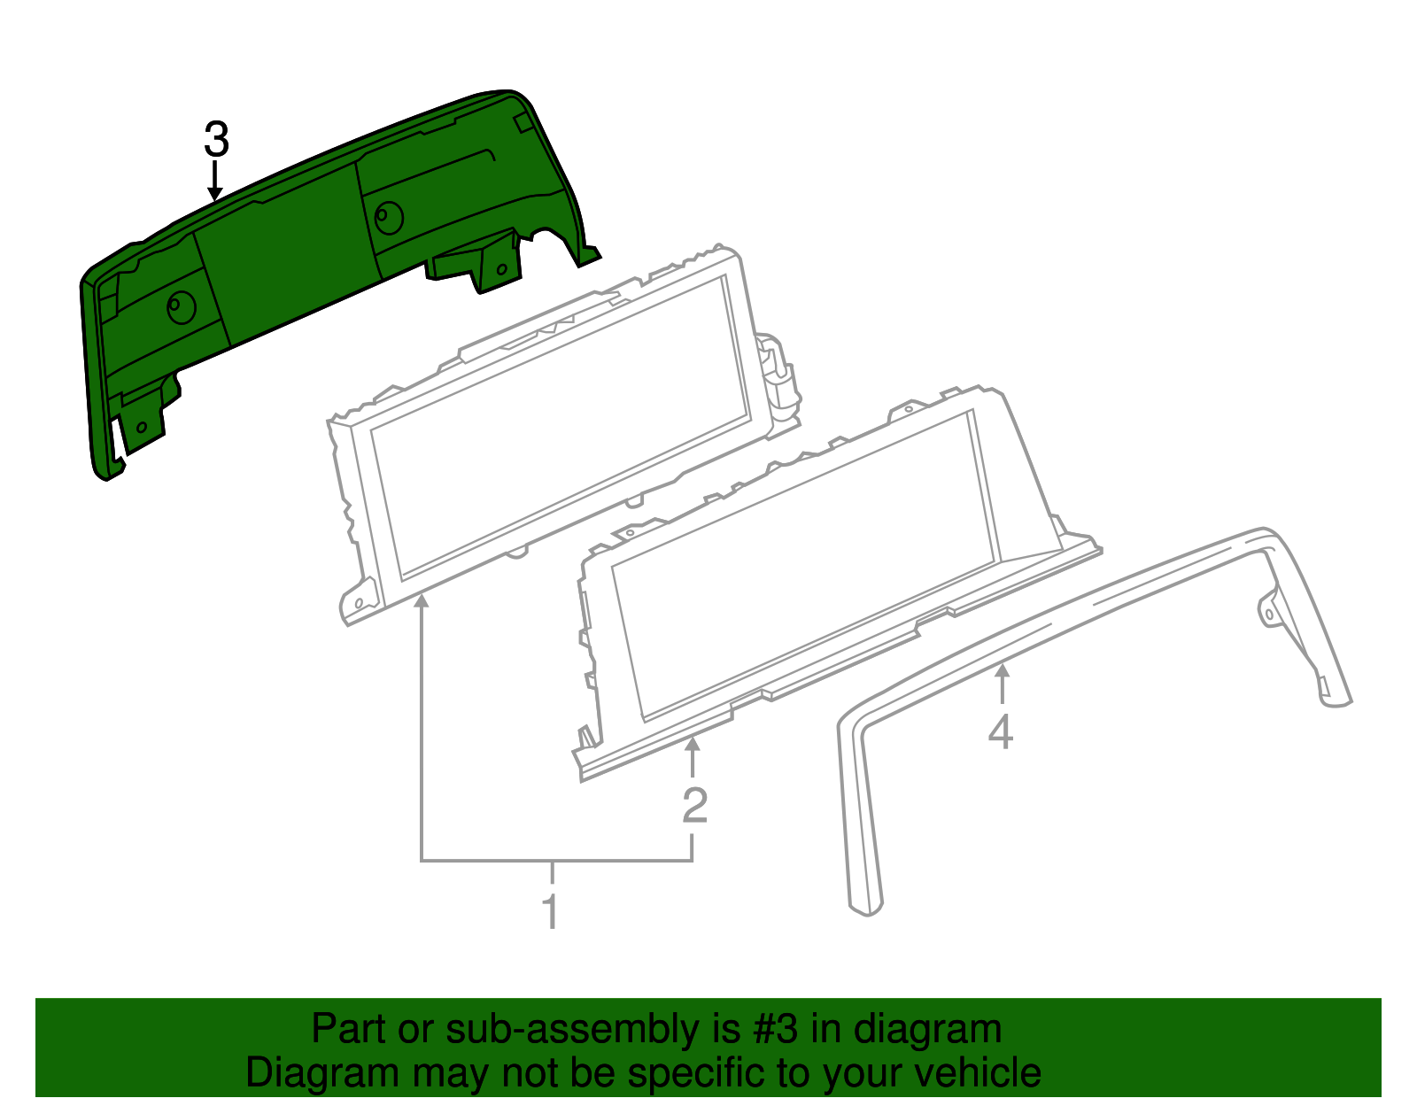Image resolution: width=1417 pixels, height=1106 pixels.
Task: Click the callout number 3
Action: pyautogui.click(x=216, y=140)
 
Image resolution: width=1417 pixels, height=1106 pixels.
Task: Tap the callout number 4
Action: pyautogui.click(x=1001, y=732)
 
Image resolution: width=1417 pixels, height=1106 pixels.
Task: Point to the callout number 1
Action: pyautogui.click(x=551, y=911)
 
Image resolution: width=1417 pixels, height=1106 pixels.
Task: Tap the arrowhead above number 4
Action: pyautogui.click(x=1002, y=672)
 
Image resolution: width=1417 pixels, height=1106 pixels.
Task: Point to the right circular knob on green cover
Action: pyautogui.click(x=388, y=216)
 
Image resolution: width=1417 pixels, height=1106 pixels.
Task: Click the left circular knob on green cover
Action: pyautogui.click(x=181, y=307)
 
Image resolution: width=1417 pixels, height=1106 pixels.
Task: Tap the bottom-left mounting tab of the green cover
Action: pyautogui.click(x=142, y=425)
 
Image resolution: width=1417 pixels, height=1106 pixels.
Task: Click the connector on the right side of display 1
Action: pyautogui.click(x=779, y=376)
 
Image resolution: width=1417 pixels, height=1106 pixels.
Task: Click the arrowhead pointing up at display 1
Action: pyautogui.click(x=422, y=603)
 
